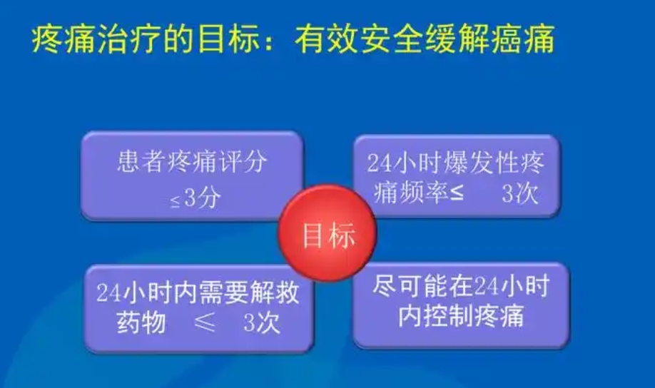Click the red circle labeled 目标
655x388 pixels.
(x=328, y=233)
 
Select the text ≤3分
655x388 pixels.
(x=196, y=198)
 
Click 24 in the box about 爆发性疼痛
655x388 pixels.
(x=380, y=163)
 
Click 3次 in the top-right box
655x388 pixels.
(x=520, y=194)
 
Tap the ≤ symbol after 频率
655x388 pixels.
(x=456, y=193)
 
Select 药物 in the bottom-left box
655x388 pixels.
(x=141, y=323)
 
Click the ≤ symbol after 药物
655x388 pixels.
(x=205, y=322)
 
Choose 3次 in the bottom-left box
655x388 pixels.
(x=261, y=323)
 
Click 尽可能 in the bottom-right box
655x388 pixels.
(x=411, y=287)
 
